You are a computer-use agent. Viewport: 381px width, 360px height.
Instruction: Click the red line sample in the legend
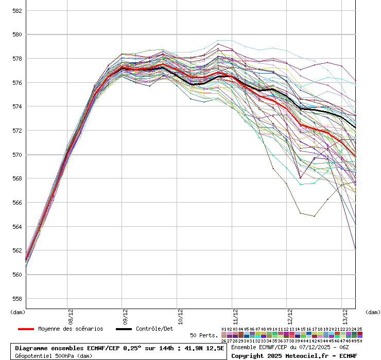26,329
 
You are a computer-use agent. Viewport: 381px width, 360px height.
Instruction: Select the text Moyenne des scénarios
71,329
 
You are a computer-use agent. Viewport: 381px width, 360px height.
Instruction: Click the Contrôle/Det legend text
154,329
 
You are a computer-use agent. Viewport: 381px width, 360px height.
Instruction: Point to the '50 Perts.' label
204,335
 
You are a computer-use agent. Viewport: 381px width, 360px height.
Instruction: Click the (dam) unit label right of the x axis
373,312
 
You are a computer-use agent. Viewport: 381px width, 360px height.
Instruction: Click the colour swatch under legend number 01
224,334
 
